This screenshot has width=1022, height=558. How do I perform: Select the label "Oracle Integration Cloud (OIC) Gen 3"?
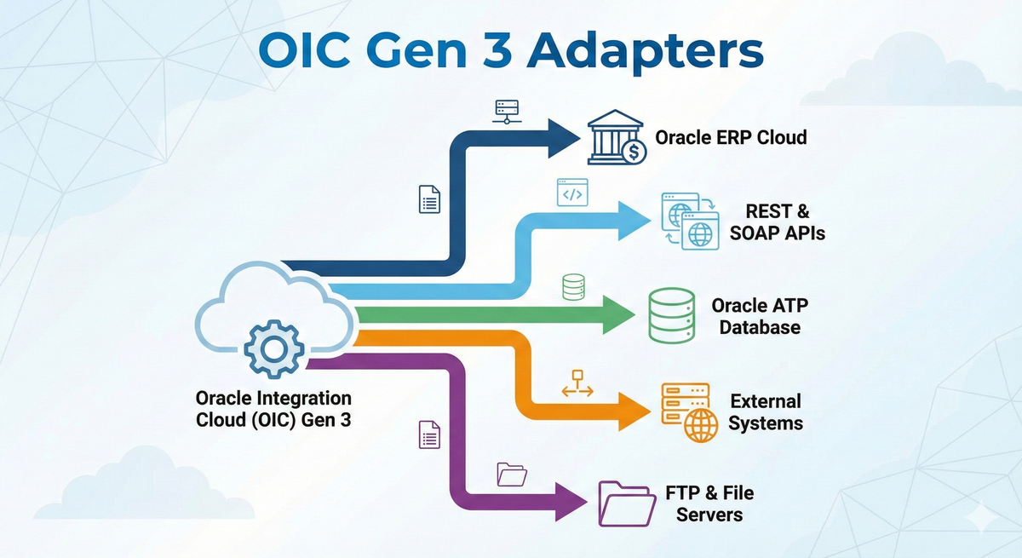(x=273, y=409)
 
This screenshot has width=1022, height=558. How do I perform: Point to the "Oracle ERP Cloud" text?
(x=731, y=137)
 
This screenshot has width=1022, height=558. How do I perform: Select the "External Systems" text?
(x=765, y=411)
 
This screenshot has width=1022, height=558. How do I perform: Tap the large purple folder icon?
(x=626, y=503)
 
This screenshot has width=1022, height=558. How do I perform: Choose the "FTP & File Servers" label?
(x=709, y=503)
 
